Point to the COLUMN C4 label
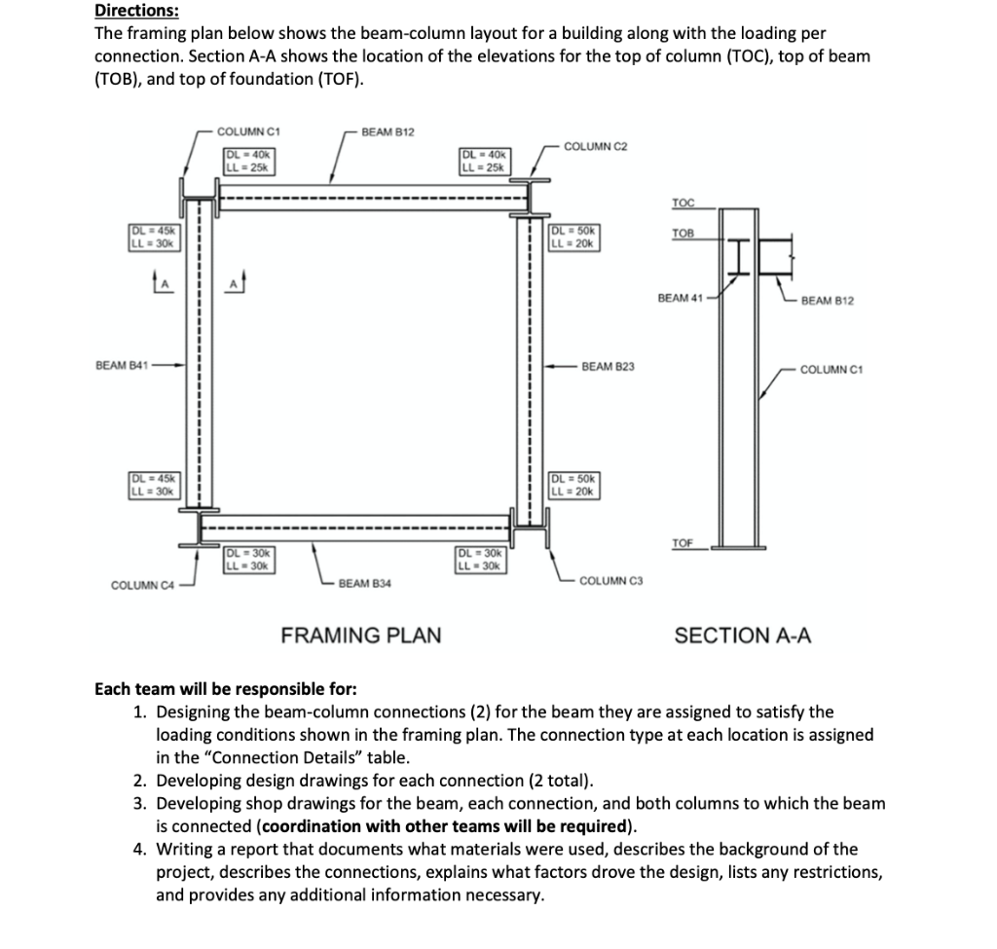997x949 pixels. [x=142, y=585]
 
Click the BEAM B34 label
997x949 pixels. [x=365, y=583]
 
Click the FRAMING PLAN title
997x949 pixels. [x=360, y=636]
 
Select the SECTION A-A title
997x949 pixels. [x=743, y=636]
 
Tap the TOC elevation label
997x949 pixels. [x=683, y=202]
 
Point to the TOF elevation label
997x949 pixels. [x=683, y=542]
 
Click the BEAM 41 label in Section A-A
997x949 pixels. [x=680, y=298]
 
